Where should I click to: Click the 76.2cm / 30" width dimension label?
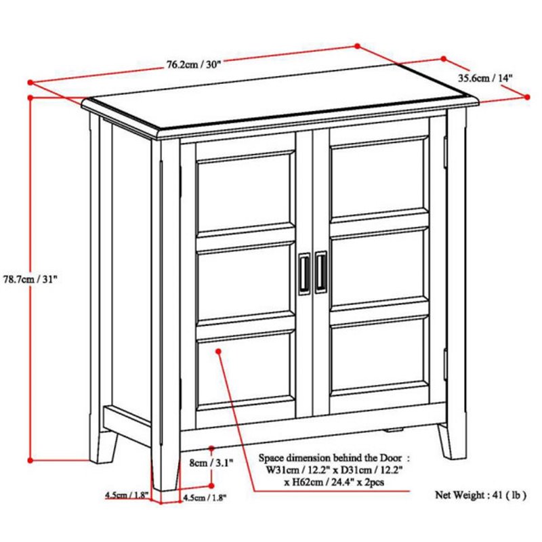194,64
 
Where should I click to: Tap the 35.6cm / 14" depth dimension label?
485,78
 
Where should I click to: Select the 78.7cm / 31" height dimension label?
30,279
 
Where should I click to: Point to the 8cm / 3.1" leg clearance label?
211,463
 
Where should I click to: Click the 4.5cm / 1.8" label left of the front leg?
127,495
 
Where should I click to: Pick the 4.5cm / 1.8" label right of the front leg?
205,498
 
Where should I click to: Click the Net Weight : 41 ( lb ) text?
480,495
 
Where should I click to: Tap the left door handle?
304,274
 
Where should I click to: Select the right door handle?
320,272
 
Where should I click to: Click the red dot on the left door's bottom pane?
218,351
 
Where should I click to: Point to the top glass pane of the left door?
244,192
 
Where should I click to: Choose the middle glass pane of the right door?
378,268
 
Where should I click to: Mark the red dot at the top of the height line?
30,98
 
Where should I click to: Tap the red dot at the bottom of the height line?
30,460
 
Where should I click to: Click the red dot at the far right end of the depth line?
527,97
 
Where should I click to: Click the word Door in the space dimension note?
391,458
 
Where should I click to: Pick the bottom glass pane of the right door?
378,355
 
